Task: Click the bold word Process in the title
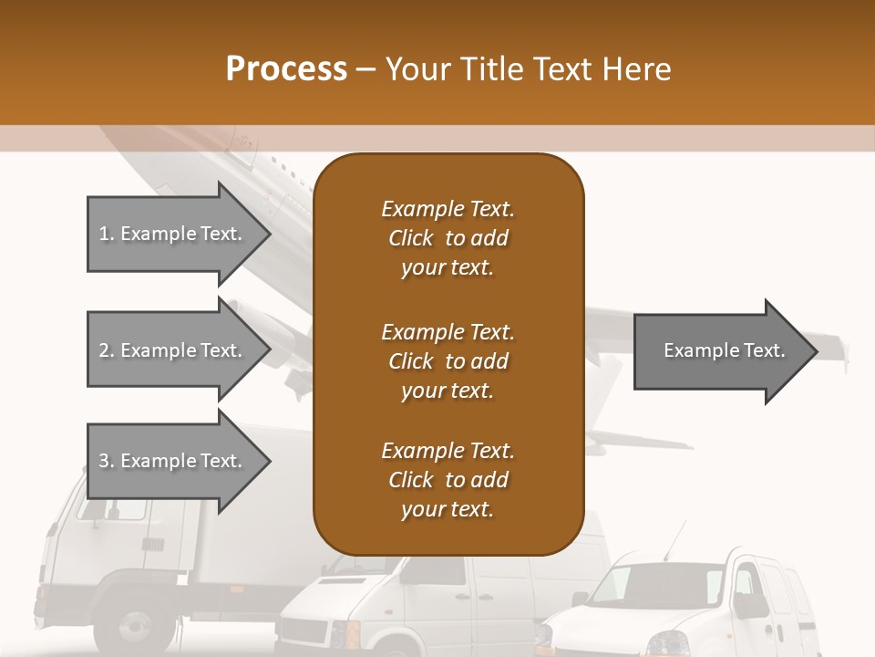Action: tap(286, 69)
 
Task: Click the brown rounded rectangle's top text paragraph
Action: tap(448, 238)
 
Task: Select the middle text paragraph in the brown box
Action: tap(448, 361)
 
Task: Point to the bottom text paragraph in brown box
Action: tap(448, 480)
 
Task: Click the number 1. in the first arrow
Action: tap(107, 235)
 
